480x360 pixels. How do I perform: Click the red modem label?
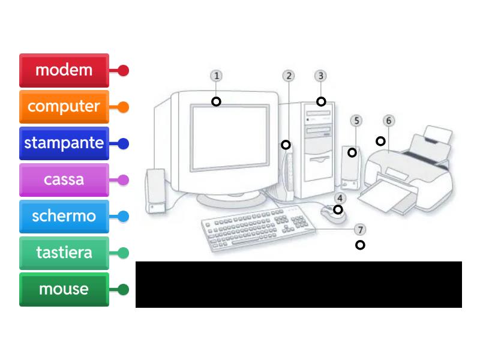(64, 70)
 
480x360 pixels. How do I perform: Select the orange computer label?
(64, 107)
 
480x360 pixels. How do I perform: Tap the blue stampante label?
(64, 143)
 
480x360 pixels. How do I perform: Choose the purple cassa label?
(64, 179)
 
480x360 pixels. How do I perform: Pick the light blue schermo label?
(64, 216)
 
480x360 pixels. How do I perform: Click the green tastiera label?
(64, 253)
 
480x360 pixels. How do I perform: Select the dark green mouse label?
(64, 289)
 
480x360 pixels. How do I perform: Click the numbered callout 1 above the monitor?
(216, 76)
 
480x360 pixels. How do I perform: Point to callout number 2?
(289, 76)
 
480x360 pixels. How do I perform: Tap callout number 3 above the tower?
(321, 76)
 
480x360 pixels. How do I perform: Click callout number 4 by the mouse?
(340, 198)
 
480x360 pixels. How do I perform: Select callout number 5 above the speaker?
(356, 121)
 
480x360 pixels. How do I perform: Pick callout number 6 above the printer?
(388, 121)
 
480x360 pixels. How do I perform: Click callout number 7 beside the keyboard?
(359, 230)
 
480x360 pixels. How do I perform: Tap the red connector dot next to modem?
(124, 71)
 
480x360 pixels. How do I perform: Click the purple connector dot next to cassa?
(124, 180)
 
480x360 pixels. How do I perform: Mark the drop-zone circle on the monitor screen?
(216, 101)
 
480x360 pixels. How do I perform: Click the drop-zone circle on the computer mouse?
(338, 209)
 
